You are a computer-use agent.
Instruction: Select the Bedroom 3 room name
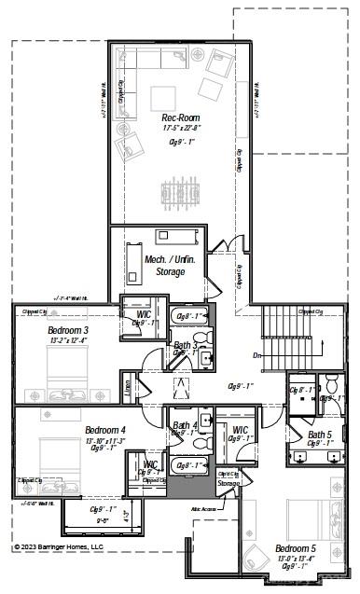68,330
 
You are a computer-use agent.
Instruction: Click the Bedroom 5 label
295,548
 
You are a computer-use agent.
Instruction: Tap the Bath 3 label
185,345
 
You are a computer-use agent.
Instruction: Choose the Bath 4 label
185,426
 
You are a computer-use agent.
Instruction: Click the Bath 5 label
320,435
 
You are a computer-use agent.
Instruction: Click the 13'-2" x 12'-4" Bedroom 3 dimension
67,340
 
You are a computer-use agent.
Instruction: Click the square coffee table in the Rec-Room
164,98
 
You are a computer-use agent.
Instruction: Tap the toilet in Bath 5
331,383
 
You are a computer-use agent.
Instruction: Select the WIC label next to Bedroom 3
145,315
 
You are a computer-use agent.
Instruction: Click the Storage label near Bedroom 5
228,483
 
